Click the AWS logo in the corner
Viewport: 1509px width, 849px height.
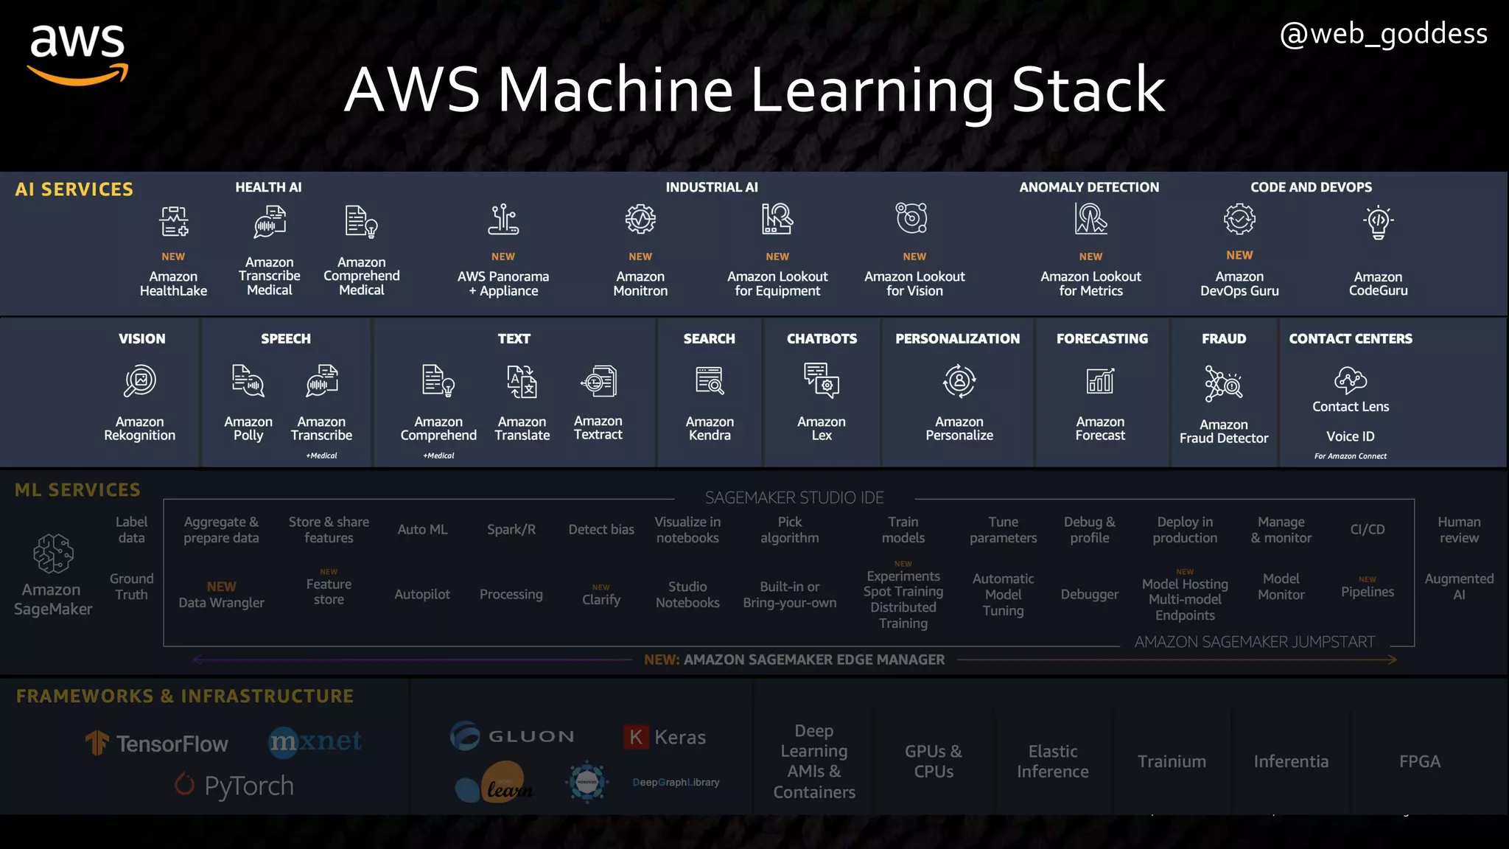pos(78,53)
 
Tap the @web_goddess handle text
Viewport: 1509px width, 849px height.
pos(1383,35)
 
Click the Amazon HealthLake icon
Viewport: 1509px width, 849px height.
pos(174,221)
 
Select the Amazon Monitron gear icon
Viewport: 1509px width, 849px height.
pos(640,220)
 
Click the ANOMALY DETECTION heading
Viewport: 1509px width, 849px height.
pos(1089,187)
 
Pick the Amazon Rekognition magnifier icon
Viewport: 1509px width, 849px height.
pos(140,382)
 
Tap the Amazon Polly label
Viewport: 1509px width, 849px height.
pos(248,428)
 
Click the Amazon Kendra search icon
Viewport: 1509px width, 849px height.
pos(710,381)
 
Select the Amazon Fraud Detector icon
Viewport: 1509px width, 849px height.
pos(1223,383)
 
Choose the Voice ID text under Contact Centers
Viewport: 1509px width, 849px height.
pos(1350,436)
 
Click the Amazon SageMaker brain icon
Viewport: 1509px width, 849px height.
pos(53,553)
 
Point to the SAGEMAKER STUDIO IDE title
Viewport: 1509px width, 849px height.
pos(794,497)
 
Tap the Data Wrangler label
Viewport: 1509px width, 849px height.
pos(221,602)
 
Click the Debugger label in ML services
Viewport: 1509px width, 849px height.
pos(1089,594)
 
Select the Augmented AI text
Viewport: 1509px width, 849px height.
pos(1458,587)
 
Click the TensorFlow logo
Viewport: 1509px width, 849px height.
pos(157,744)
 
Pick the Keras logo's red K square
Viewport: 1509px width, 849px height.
pos(636,737)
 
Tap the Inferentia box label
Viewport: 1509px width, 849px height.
pos(1291,761)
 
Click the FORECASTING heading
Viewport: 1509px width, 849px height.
pos(1102,338)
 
